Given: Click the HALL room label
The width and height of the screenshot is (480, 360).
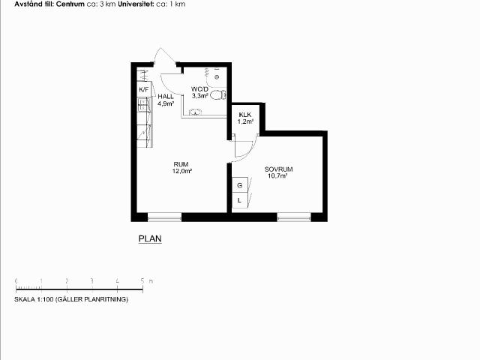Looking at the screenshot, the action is [x=166, y=97].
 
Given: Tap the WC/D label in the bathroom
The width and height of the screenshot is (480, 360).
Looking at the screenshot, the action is [x=199, y=89].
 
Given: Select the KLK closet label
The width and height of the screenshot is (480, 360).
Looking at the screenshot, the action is [x=245, y=115].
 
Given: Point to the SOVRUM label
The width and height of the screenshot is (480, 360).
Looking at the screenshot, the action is [x=278, y=169].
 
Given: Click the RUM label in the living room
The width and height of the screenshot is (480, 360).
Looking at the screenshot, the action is [x=181, y=164].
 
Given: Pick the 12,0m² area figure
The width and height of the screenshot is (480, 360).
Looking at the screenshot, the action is [x=181, y=171].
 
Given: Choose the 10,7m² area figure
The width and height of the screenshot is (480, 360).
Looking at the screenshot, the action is [x=277, y=176].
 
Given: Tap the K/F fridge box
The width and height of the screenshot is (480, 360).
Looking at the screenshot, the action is [x=144, y=90].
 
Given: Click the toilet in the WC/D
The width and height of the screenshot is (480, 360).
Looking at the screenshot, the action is [x=218, y=95].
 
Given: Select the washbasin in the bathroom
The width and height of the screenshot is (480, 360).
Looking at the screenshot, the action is [x=195, y=112].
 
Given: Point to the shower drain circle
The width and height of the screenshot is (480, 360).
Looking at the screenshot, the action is [x=217, y=77].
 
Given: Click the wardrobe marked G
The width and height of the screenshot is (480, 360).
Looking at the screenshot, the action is [x=240, y=185].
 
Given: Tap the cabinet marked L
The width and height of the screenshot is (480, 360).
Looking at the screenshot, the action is [x=240, y=201].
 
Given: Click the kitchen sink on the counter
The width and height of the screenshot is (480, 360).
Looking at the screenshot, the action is [x=143, y=104].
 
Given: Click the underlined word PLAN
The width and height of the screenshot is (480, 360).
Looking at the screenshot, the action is [x=150, y=238].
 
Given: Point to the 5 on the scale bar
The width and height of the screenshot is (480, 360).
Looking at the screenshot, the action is [x=142, y=280].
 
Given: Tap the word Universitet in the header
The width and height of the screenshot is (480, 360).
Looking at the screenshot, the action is [x=136, y=4].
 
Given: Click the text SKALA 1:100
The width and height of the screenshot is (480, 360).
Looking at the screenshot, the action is [x=34, y=299].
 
